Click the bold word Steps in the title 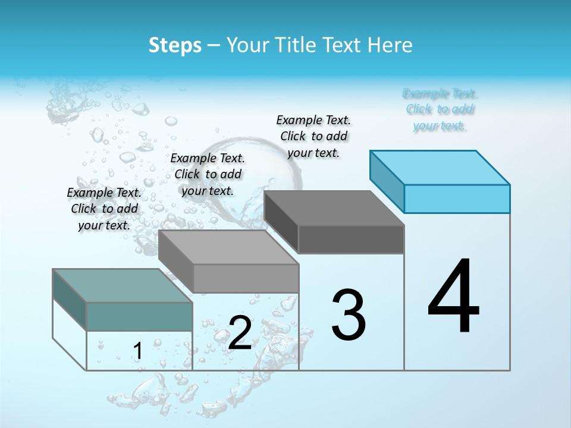point(175,45)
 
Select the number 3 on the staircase point(349,315)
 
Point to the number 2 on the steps point(240,333)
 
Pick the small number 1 point(138,351)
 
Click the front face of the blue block point(457,199)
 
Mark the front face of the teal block point(139,316)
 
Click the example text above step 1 point(104,209)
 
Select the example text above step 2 point(208,174)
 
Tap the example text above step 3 point(313,136)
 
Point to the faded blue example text point(440,109)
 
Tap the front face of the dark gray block point(351,239)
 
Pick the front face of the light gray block point(246,278)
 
